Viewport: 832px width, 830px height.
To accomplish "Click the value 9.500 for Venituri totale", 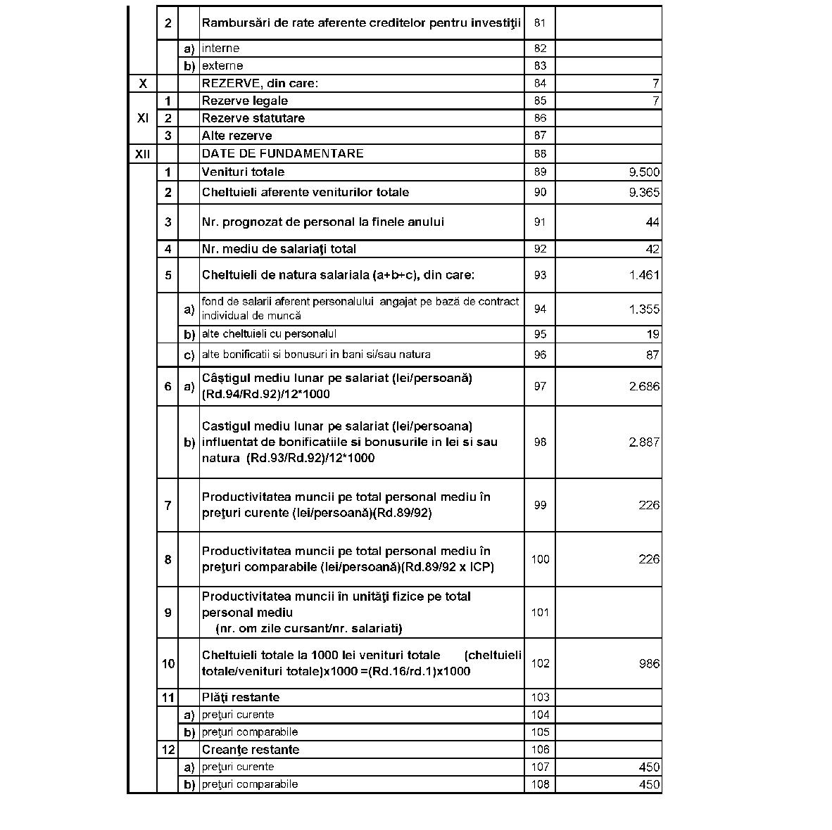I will [644, 172].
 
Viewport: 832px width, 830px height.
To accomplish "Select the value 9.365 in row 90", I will [644, 193].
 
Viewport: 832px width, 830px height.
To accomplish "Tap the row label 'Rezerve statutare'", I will [253, 118].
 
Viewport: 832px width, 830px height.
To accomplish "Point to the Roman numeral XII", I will [142, 153].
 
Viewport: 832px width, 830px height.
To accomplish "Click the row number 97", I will [540, 386].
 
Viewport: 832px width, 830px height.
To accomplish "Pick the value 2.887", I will [644, 442].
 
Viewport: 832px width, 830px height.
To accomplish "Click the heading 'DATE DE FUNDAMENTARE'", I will [282, 153].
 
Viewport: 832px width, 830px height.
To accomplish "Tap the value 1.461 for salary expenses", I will [644, 275].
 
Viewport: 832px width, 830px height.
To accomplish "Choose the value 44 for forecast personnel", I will [653, 222].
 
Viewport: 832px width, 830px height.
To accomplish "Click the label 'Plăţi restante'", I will [240, 697].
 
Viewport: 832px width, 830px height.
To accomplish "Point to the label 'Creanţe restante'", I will [250, 750].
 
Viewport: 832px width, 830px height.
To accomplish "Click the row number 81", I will [540, 23].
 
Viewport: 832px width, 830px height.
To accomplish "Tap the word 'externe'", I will [222, 66].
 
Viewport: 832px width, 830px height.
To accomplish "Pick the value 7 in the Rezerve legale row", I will [655, 101].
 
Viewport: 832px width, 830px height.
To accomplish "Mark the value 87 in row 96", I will [653, 355].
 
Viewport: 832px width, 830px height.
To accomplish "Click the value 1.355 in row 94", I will [644, 309].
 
